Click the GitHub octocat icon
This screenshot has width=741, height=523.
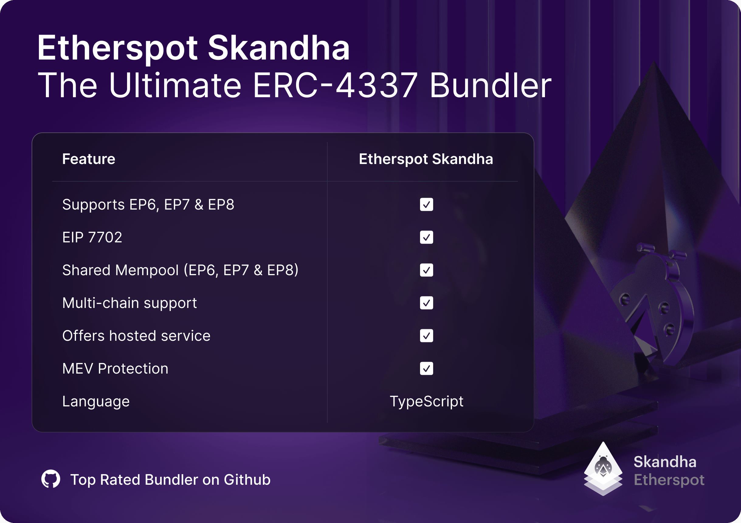[x=51, y=479]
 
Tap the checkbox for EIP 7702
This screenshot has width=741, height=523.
[x=426, y=237]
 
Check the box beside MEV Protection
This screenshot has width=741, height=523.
[x=426, y=368]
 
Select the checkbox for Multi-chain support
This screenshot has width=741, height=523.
[x=426, y=303]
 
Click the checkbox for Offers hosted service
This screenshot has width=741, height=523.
[x=426, y=336]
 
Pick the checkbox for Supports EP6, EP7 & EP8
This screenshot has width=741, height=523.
[x=426, y=204]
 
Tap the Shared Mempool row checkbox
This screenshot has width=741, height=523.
[x=426, y=270]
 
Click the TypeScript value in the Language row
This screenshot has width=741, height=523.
[x=426, y=402]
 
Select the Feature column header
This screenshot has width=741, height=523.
[x=89, y=159]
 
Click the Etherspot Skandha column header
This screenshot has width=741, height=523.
[x=426, y=159]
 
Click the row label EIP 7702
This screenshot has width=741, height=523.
[x=92, y=237]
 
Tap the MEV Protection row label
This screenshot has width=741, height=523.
[x=115, y=368]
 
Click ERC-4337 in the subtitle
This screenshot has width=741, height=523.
[x=335, y=85]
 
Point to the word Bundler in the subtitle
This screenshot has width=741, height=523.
[x=491, y=84]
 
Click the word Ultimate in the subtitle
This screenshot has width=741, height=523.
[x=175, y=84]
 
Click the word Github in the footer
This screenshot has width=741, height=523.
[x=247, y=480]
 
